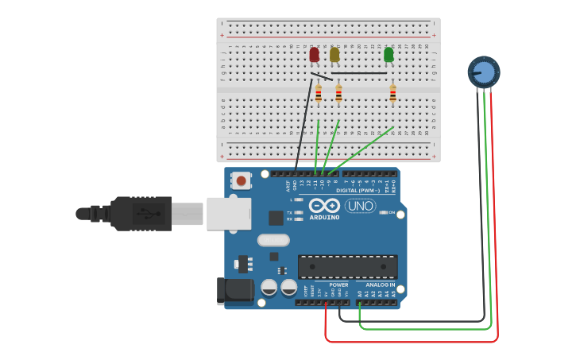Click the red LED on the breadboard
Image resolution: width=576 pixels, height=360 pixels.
(315, 54)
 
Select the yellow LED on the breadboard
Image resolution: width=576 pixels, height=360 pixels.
(334, 54)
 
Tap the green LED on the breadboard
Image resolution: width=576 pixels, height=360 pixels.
(389, 54)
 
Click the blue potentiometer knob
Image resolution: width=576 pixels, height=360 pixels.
(484, 72)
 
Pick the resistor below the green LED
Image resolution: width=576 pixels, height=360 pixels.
(392, 94)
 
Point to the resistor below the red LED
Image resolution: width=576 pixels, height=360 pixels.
(319, 94)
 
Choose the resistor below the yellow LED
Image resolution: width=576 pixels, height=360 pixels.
(338, 94)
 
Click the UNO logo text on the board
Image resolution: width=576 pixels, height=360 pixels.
(360, 206)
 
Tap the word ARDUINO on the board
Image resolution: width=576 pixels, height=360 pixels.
(324, 217)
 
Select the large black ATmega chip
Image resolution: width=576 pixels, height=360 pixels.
(347, 266)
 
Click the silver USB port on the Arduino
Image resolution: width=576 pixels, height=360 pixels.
(229, 213)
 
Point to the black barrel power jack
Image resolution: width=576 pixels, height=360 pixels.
(235, 291)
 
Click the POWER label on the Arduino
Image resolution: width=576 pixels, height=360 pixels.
(338, 285)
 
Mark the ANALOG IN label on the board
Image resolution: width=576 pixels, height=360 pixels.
(380, 285)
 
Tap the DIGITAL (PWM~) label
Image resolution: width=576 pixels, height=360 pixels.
(357, 191)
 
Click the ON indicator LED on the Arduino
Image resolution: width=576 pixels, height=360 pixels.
(384, 213)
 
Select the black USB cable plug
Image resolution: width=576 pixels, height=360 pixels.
(140, 213)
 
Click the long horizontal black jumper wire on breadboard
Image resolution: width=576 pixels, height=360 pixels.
(359, 73)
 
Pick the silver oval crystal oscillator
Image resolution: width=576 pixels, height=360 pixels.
(273, 239)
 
